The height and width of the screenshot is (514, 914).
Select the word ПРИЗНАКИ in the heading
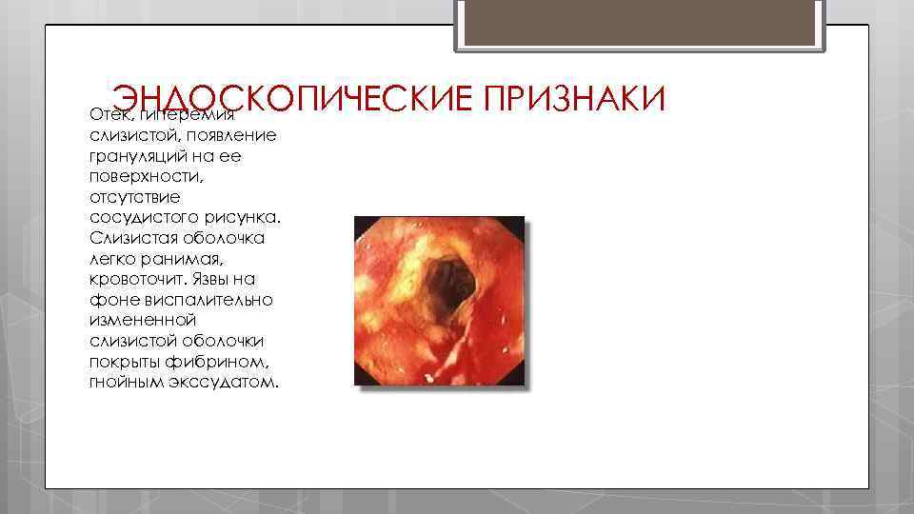574,97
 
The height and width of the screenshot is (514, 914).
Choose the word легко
111,259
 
